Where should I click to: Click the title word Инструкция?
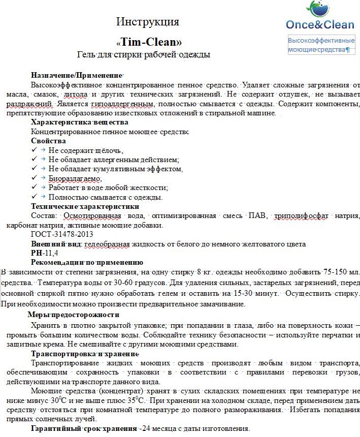coord(148,21)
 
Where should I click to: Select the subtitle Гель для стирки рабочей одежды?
coord(143,54)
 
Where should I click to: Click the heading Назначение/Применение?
coord(77,75)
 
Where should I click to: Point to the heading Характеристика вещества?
coord(79,122)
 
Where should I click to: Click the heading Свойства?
coord(48,141)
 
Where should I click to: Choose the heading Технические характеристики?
coord(84,206)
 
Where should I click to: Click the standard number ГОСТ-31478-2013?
coord(62,234)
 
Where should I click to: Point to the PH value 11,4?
coord(52,253)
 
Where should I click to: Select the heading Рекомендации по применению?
coord(87,262)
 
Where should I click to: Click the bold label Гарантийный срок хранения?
coord(84,428)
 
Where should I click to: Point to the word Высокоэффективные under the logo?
coord(321,40)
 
